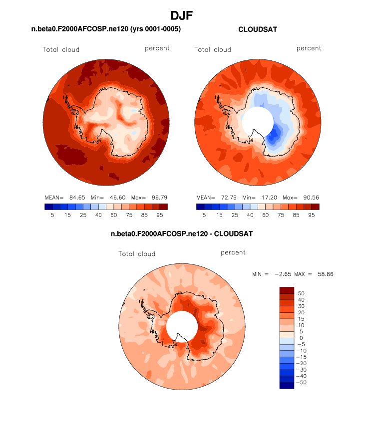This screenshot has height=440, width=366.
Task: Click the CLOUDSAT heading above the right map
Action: coord(258,29)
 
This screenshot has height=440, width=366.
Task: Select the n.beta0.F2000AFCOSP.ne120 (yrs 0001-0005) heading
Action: coord(106,29)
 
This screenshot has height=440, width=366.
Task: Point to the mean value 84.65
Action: coord(72,198)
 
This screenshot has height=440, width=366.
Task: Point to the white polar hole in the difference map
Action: coord(182,327)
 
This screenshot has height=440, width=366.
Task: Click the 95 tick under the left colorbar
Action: coord(159,215)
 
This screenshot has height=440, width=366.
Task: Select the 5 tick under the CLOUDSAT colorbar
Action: coord(204,215)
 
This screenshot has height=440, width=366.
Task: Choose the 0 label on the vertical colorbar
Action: coord(301,338)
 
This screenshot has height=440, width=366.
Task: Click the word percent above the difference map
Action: coord(233,253)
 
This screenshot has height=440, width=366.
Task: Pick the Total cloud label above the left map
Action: coord(61,49)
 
